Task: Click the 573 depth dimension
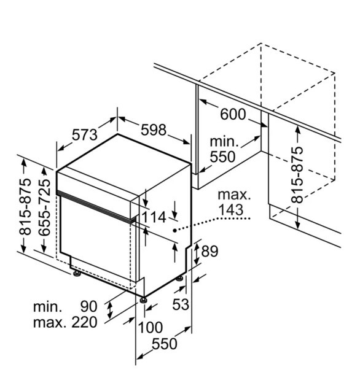pyautogui.click(x=85, y=134)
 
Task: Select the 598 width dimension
pyautogui.click(x=154, y=130)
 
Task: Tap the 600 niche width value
pyautogui.click(x=233, y=114)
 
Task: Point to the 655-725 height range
pyautogui.click(x=44, y=207)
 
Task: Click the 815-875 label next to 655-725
pyautogui.click(x=25, y=206)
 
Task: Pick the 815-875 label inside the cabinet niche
pyautogui.click(x=297, y=175)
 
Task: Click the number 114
pyautogui.click(x=154, y=217)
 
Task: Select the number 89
pyautogui.click(x=209, y=251)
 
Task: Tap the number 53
pyautogui.click(x=181, y=304)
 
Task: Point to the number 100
pyautogui.click(x=151, y=327)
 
